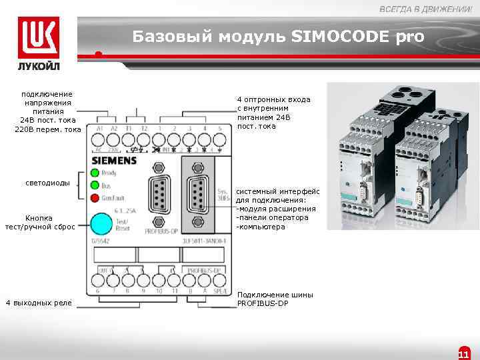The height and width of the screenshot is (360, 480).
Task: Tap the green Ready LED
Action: click(95, 173)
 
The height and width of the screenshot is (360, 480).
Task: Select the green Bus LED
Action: click(95, 185)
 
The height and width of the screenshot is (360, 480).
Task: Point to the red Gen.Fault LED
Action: click(95, 197)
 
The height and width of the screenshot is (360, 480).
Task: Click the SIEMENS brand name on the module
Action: click(113, 161)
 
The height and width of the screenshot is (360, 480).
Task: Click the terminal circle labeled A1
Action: click(99, 140)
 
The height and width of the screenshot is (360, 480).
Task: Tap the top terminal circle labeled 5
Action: click(219, 140)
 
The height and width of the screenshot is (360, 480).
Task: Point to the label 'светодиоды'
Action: click(47, 182)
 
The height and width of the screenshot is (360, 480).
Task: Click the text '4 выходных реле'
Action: click(38, 303)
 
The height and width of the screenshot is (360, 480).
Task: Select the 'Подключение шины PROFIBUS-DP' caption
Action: click(275, 299)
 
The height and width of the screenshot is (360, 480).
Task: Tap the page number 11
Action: click(464, 353)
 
